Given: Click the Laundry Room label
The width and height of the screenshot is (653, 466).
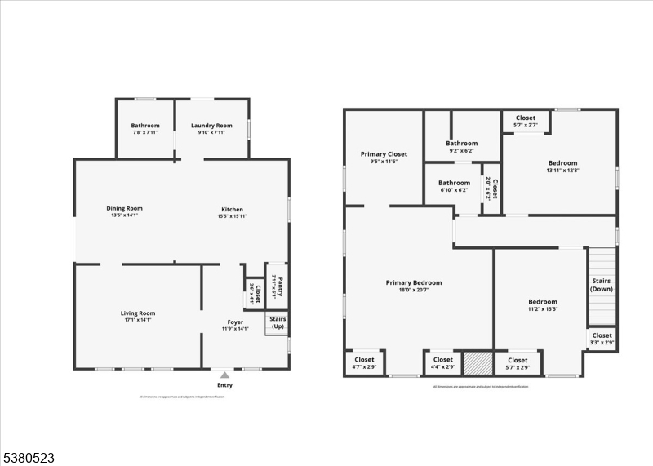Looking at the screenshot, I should pyautogui.click(x=211, y=126).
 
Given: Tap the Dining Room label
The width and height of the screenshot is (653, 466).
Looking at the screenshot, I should pyautogui.click(x=124, y=208).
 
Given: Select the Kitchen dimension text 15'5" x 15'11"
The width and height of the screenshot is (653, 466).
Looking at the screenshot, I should pyautogui.click(x=232, y=216).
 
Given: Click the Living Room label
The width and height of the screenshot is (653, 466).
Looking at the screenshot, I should pyautogui.click(x=137, y=313).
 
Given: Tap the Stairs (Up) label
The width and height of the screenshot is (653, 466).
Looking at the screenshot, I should pyautogui.click(x=278, y=322).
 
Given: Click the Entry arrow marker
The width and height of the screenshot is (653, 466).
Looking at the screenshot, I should pyautogui.click(x=224, y=375).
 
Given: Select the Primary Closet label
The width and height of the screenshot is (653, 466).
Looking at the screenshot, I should pyautogui.click(x=384, y=154).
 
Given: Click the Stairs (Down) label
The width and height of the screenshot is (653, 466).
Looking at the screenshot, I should pyautogui.click(x=602, y=285).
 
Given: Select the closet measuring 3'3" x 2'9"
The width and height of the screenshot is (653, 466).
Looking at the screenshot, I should pyautogui.click(x=602, y=339).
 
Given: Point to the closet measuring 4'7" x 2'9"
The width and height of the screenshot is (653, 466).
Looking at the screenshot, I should pyautogui.click(x=364, y=363).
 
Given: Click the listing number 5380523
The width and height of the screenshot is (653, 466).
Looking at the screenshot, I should pyautogui.click(x=28, y=459).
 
